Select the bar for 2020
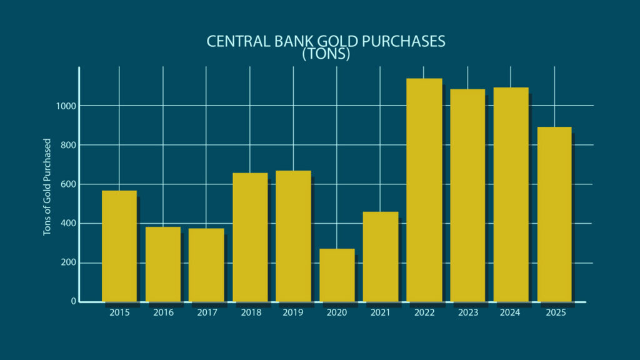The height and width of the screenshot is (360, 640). pos(337,275)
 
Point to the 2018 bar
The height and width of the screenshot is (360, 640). pos(250,237)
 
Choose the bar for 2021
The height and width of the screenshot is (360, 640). pos(380,256)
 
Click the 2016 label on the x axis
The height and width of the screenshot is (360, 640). pos(163,312)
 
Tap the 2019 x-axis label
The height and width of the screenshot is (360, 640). pos(293,312)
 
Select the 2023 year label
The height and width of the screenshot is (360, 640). pos(467,312)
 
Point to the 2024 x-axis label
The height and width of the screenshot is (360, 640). pos(511,312)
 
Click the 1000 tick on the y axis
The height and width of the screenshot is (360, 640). pos(64,106)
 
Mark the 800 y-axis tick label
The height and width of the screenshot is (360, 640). pos(67,145)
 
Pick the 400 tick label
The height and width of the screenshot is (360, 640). pos(67,224)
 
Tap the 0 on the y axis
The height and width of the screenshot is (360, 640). pos(74,302)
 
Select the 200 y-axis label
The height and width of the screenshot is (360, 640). pos(67,262)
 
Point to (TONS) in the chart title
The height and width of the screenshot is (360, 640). pos(326,54)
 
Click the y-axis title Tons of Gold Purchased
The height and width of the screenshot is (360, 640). pos(47,187)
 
